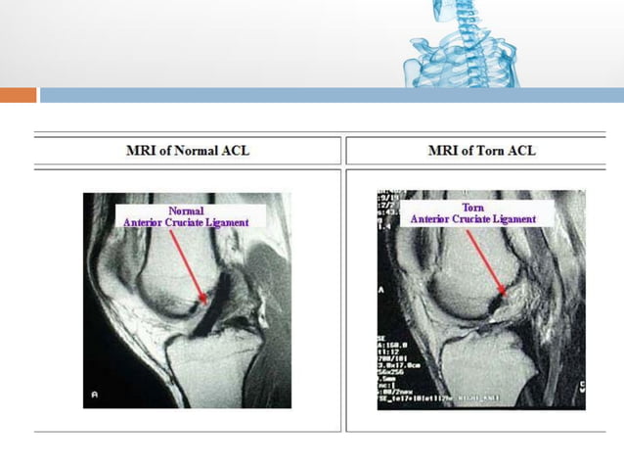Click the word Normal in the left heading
coord(191,150)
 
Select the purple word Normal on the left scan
coord(186,211)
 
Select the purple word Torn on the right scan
coord(473,208)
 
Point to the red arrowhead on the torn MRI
coord(502,290)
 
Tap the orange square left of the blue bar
coord(18,95)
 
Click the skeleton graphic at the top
coord(460,44)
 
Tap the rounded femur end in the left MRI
coord(166,279)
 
